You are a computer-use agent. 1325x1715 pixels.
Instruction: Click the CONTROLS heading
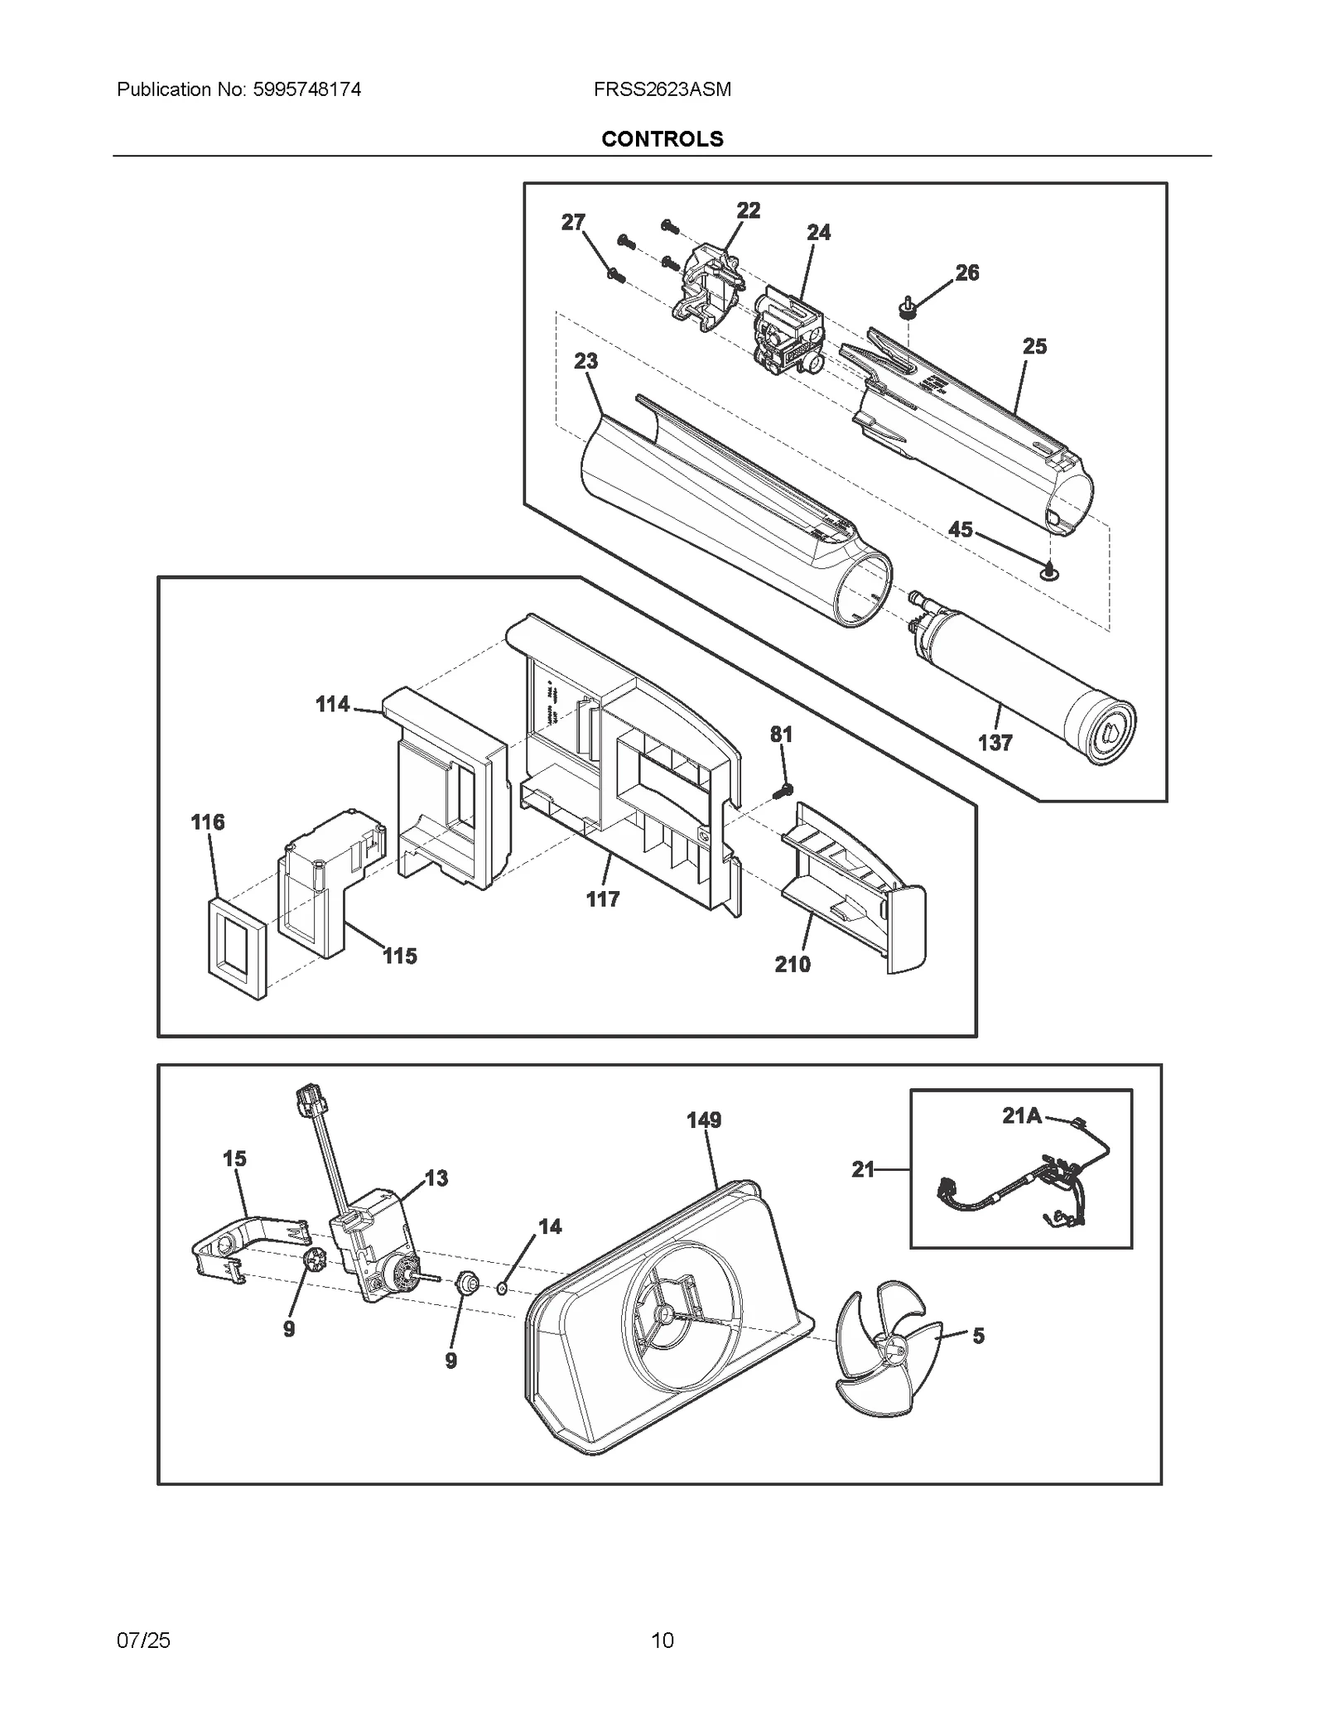662,139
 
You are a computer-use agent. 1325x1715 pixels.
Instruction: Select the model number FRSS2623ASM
662,89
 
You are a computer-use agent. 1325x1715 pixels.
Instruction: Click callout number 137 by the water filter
995,743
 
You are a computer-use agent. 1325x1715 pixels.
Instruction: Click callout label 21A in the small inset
1021,1115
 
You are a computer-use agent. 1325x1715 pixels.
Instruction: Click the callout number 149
704,1120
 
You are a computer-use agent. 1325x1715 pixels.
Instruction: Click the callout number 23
585,361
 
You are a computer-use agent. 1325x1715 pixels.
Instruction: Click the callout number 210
793,964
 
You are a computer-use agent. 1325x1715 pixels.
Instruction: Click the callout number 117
602,899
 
